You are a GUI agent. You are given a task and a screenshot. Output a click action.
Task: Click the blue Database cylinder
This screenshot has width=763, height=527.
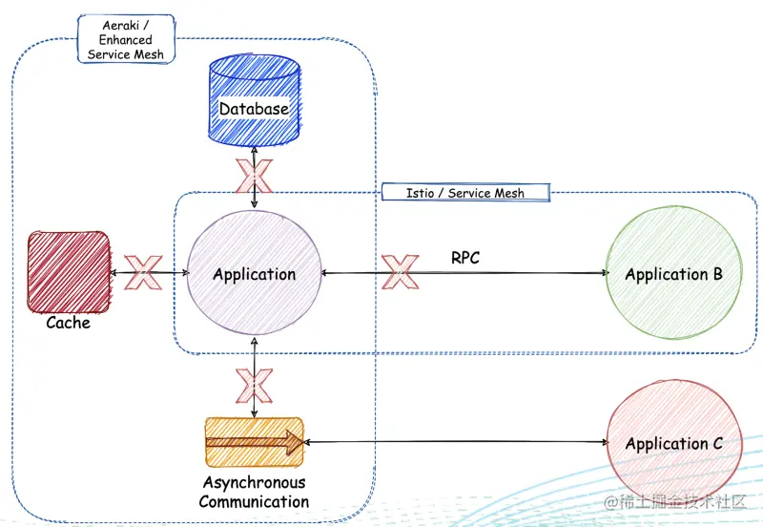pyautogui.click(x=254, y=100)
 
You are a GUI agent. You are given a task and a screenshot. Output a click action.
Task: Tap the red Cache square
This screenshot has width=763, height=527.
pyautogui.click(x=68, y=272)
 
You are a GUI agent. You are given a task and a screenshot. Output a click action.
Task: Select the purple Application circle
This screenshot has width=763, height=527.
pyautogui.click(x=254, y=273)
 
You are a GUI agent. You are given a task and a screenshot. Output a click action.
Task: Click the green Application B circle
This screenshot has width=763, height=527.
pyautogui.click(x=674, y=273)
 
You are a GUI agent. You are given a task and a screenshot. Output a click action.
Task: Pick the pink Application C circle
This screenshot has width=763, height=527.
pyautogui.click(x=674, y=442)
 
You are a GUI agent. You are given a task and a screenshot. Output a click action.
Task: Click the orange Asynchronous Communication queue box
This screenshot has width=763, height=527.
pyautogui.click(x=254, y=442)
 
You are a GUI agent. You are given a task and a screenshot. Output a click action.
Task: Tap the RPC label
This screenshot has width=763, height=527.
pyautogui.click(x=465, y=258)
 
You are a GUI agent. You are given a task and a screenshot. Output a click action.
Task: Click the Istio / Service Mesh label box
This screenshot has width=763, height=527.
pyautogui.click(x=465, y=193)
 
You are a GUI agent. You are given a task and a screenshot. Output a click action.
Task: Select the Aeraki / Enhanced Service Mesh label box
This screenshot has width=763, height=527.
pyautogui.click(x=126, y=39)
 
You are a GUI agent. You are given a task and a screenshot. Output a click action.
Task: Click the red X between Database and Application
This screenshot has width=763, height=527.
pyautogui.click(x=254, y=176)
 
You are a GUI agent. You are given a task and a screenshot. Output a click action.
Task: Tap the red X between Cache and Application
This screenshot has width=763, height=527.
pyautogui.click(x=143, y=272)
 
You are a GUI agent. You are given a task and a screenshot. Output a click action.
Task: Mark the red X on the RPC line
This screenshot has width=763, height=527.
pyautogui.click(x=400, y=272)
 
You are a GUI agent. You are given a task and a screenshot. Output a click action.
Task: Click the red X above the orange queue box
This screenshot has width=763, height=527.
pyautogui.click(x=254, y=386)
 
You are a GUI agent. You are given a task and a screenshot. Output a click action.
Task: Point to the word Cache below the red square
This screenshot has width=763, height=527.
pyautogui.click(x=68, y=323)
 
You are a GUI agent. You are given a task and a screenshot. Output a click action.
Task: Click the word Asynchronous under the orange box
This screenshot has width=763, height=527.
pyautogui.click(x=254, y=482)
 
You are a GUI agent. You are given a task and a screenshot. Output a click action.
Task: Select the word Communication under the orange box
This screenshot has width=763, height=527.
pyautogui.click(x=254, y=501)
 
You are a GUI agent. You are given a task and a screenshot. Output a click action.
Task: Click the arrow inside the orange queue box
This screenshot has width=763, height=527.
pyautogui.click(x=255, y=442)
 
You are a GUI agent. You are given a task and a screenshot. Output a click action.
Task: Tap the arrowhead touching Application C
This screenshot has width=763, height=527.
pyautogui.click(x=606, y=442)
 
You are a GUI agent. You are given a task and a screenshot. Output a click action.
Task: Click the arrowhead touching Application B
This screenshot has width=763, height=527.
pyautogui.click(x=606, y=273)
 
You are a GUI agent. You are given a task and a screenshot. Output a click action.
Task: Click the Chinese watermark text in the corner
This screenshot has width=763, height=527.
pyautogui.click(x=675, y=501)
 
